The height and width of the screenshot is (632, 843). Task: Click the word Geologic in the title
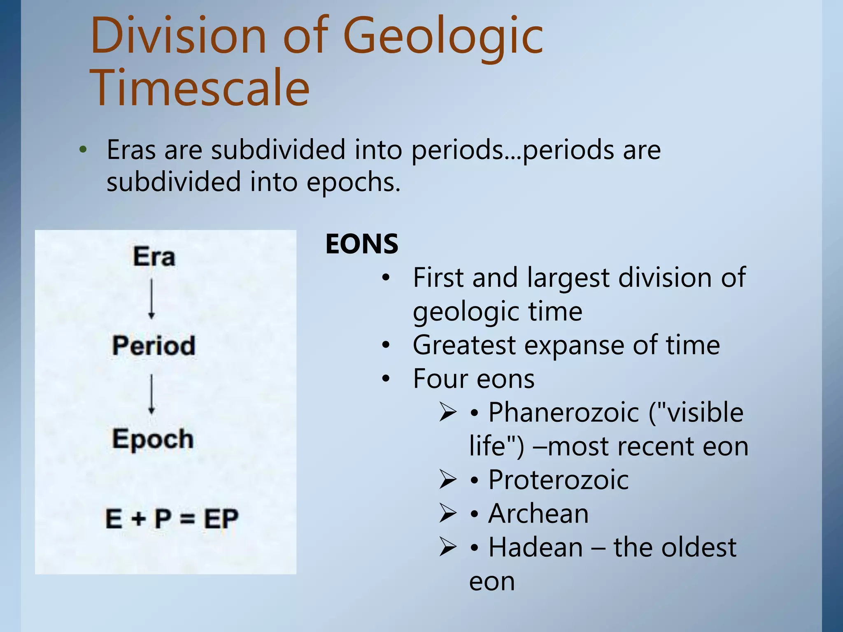443,37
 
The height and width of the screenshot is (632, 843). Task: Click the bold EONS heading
362,244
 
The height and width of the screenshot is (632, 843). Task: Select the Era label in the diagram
154,257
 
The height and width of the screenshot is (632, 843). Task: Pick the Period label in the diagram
154,345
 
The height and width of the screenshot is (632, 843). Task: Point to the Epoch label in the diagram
153,439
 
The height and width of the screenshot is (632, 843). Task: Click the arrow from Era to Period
151,299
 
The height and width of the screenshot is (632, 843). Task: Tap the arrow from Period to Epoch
151,394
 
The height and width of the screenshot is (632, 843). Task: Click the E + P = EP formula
172,518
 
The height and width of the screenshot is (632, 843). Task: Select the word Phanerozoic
564,412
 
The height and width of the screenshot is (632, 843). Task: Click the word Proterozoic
558,480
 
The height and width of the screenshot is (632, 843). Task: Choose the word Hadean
536,548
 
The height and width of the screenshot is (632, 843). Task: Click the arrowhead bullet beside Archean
447,513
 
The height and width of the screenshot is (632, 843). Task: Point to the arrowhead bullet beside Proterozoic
447,479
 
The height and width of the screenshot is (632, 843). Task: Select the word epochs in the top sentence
353,182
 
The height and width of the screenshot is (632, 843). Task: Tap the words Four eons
473,379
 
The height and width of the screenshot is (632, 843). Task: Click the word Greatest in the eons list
464,345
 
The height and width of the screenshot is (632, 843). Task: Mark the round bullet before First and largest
385,278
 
